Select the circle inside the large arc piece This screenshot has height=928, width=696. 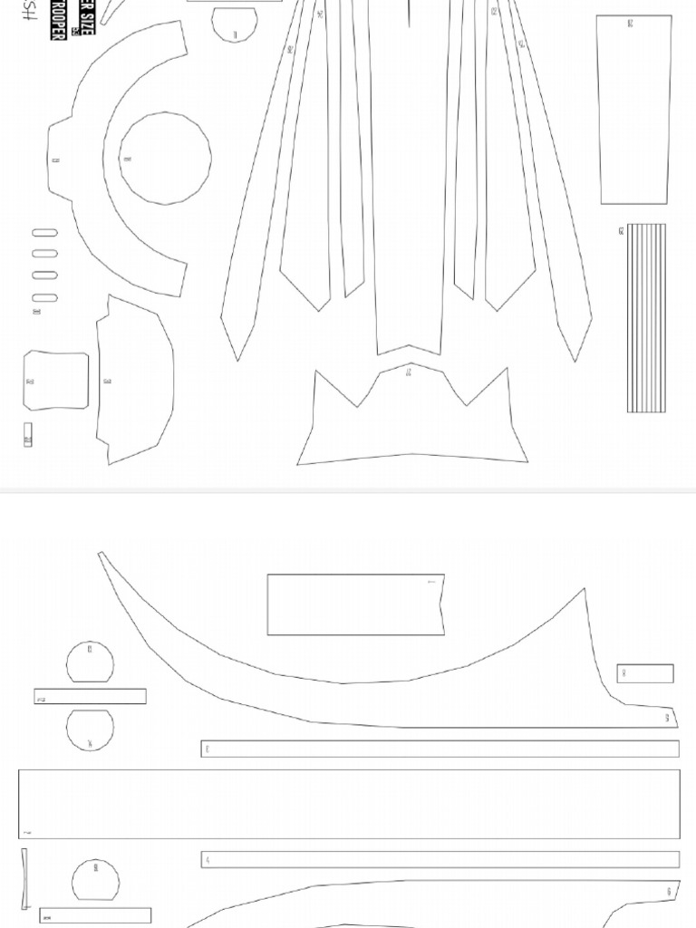coord(165,159)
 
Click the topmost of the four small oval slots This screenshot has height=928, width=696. coord(44,233)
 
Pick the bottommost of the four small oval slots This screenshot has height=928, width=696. coord(44,297)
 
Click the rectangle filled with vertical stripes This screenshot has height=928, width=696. coord(646,318)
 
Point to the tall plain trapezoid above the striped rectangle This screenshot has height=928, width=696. coord(634,109)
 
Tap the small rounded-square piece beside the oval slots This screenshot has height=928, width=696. coord(56,381)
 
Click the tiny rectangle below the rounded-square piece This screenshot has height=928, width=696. coord(28,435)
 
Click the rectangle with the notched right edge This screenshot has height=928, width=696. coord(355,604)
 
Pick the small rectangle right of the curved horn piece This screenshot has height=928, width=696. coord(645,673)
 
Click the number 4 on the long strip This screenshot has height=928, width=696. coord(208,860)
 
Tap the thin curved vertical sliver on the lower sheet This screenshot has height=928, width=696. coord(24,877)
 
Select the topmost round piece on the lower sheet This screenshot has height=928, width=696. coord(91,662)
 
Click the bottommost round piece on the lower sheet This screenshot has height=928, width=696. coord(95,880)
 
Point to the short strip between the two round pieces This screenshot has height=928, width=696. coord(91,697)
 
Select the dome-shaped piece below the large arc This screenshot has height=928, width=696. coord(136,381)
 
